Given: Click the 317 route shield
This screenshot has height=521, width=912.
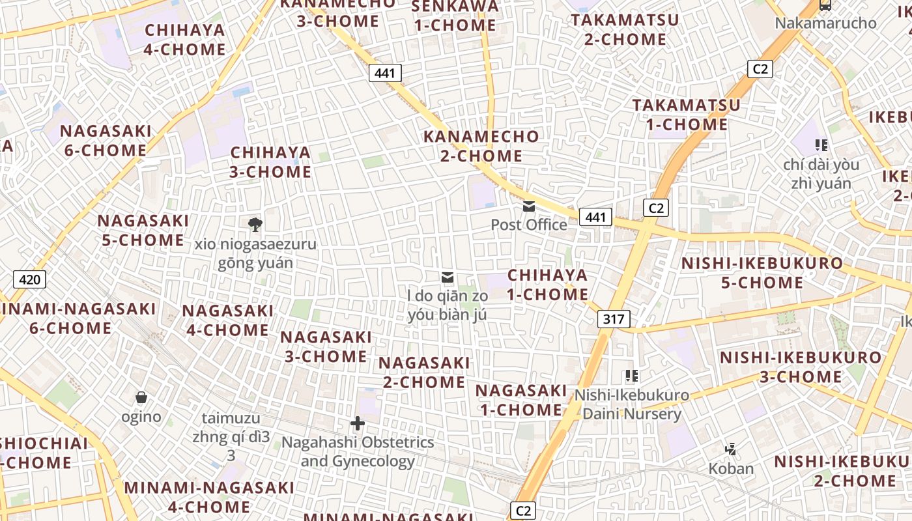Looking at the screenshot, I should pos(613,319).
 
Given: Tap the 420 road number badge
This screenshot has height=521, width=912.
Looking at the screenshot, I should pos(29,280).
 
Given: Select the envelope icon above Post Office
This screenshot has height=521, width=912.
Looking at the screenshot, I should pos(529,206).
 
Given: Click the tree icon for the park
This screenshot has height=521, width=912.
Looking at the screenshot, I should pos(255,225).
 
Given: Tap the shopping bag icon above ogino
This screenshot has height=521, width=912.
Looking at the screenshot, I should pos(141,397).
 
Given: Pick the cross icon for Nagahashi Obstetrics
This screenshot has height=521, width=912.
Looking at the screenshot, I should pos(357,424).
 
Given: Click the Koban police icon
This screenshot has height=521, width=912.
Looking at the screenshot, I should pos(731,449).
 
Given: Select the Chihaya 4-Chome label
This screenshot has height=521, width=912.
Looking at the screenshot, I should pos(185,40).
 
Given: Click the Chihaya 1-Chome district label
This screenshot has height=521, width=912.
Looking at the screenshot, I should pos(547,285).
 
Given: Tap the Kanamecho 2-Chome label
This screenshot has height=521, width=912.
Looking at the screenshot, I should pos(481,146).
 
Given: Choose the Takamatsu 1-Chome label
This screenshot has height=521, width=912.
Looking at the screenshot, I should pos(687,115).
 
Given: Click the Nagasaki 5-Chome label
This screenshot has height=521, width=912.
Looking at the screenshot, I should pos(143,230).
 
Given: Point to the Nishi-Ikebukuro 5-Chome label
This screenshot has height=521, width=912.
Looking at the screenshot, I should pos(762,273).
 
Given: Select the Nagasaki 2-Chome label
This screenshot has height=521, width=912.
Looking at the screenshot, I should pos(424,372).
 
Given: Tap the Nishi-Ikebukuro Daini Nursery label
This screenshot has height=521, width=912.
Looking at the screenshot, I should pos(631,404).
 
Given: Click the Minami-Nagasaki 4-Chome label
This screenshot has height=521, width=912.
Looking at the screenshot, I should pos(209,497).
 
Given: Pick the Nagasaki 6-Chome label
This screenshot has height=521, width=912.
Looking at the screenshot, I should pos(106,141).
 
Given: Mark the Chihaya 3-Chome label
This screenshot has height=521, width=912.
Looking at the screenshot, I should pos(271,162).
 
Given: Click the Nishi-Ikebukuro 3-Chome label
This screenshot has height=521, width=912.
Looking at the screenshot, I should pos(801,367).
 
